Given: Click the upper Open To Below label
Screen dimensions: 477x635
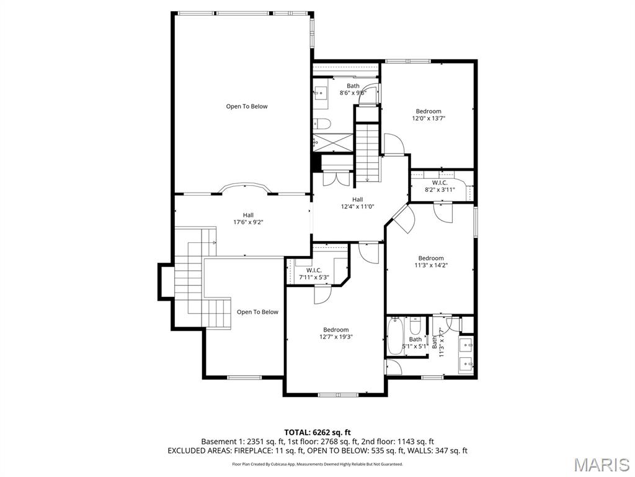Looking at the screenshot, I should point(247,106).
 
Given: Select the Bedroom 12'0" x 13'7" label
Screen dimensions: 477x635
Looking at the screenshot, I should point(429,114).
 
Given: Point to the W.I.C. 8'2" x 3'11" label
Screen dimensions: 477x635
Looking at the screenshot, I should point(440,186).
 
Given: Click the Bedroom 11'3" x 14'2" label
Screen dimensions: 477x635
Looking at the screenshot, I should point(431,261).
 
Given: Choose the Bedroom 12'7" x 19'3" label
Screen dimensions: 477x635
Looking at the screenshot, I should point(335,334).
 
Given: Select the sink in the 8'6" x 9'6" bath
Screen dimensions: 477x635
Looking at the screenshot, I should point(321,94).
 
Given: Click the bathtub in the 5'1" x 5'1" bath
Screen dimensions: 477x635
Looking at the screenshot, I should point(394,336).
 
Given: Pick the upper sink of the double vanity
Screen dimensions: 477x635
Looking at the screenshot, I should point(466,343).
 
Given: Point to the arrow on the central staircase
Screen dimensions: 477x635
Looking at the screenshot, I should point(367,179).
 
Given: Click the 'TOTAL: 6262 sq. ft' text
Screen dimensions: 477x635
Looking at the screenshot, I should point(317,432).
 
